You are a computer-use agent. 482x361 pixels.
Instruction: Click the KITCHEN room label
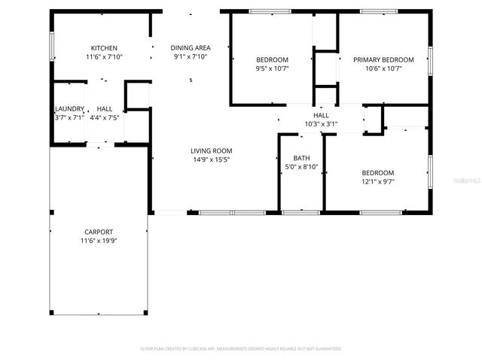(x=104, y=47)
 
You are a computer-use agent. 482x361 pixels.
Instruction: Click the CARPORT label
(x=99, y=232)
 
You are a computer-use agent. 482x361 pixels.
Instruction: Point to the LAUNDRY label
(x=69, y=109)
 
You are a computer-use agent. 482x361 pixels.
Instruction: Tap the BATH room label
(x=301, y=158)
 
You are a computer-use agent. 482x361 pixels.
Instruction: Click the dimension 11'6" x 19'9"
(x=99, y=241)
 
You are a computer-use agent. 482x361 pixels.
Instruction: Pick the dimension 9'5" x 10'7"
(x=272, y=68)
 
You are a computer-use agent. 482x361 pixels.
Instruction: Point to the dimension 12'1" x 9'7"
(x=377, y=180)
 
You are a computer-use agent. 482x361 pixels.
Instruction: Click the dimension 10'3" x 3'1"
(x=321, y=124)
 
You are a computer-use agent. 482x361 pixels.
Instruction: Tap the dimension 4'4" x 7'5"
(x=104, y=117)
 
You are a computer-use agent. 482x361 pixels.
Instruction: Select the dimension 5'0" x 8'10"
(x=301, y=167)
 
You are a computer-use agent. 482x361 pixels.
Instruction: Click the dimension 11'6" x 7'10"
(x=104, y=56)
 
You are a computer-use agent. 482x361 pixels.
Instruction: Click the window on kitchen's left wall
(x=50, y=47)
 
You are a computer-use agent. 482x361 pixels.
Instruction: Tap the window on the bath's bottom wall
(x=301, y=213)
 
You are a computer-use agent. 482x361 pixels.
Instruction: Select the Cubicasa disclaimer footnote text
(x=241, y=349)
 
